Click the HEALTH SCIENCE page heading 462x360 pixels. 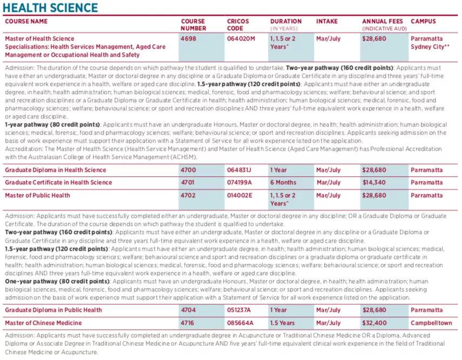[x=51, y=8]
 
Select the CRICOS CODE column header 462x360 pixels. [x=238, y=24]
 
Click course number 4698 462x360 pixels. [x=188, y=39]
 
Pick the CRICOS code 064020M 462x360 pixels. [x=240, y=39]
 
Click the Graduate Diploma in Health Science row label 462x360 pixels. [x=56, y=170]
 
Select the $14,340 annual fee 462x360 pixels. [x=374, y=183]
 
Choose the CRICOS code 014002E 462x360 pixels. [x=240, y=196]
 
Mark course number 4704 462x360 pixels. [x=188, y=310]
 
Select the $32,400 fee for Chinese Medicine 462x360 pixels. [x=374, y=323]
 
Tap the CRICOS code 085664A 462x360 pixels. [x=240, y=323]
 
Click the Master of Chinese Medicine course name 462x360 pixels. [x=43, y=323]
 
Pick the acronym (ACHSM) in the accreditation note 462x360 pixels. [x=184, y=157]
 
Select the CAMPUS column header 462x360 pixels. [x=423, y=22]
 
